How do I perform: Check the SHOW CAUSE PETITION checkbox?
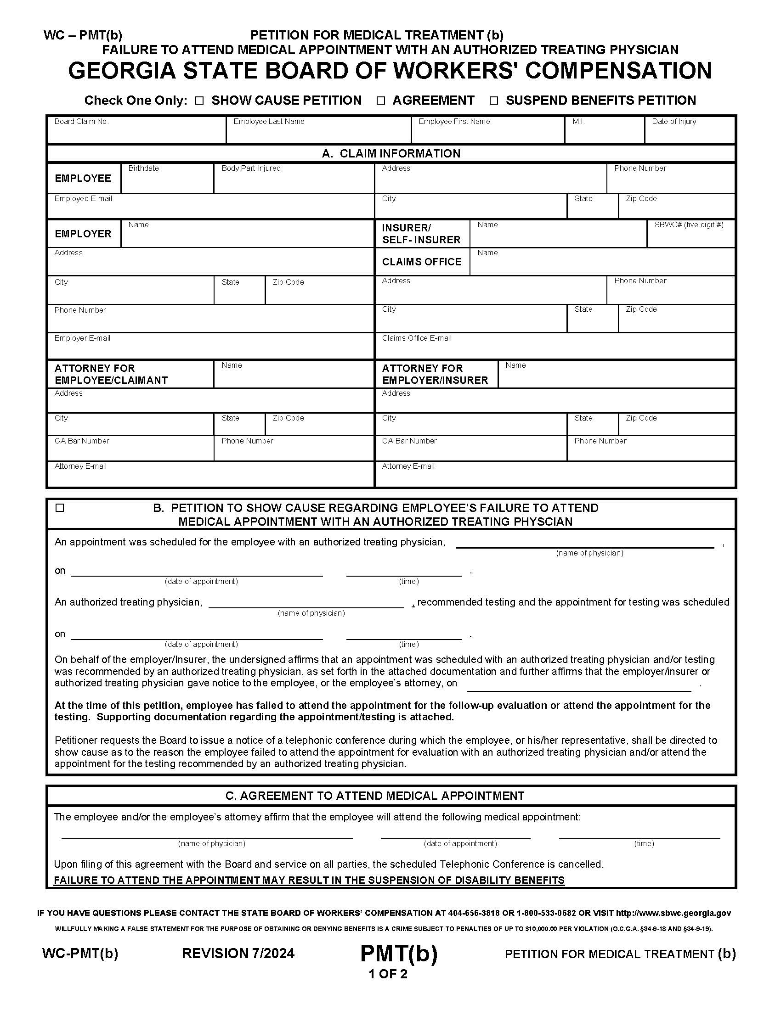(199, 101)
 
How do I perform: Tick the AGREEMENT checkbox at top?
(380, 101)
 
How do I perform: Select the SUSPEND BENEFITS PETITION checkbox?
(494, 101)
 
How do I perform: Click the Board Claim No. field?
(136, 133)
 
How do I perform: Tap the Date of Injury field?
(690, 133)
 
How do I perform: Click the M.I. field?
(604, 133)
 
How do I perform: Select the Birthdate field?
(167, 182)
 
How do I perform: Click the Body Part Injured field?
(294, 182)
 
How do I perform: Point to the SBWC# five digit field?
(691, 238)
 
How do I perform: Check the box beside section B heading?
(60, 508)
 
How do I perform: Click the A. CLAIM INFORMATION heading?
(391, 153)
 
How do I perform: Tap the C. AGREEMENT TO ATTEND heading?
(375, 796)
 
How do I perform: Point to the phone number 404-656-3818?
(474, 913)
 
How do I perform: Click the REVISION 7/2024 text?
(238, 954)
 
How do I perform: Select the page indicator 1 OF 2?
(388, 974)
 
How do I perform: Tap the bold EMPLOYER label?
(83, 234)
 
